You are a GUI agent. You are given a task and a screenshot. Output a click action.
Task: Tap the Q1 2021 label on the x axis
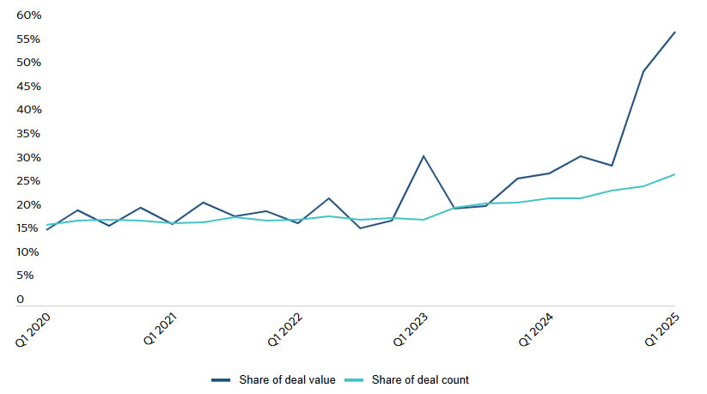pos(162,330)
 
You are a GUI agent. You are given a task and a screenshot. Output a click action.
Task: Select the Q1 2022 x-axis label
pos(287,330)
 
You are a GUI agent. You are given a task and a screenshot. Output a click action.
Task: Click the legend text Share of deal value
pos(287,379)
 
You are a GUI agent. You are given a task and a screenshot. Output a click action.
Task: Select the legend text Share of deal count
pos(420,379)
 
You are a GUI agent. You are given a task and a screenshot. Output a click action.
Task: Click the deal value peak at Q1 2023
pos(424,156)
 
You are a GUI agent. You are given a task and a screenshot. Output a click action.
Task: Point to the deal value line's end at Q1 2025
pos(675,32)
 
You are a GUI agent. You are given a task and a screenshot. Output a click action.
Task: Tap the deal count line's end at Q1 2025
pos(675,174)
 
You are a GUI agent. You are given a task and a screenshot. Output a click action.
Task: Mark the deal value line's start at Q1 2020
pos(46,230)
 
